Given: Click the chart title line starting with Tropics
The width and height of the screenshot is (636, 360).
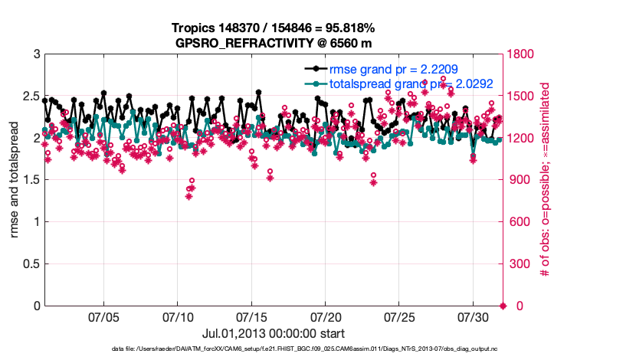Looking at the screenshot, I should coord(274,28).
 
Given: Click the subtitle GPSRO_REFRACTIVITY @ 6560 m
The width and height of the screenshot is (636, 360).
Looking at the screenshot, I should coord(274,43).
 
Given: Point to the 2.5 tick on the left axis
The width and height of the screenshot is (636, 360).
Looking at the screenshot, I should coord(31,97).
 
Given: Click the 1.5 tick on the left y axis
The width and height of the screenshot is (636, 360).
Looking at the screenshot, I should coord(31,180).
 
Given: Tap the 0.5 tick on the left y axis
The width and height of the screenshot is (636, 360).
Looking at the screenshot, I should coord(31,264).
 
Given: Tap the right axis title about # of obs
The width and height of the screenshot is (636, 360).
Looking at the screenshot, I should coord(546,180).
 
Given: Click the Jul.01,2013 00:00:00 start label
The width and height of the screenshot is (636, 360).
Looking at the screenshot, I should coord(274,334).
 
